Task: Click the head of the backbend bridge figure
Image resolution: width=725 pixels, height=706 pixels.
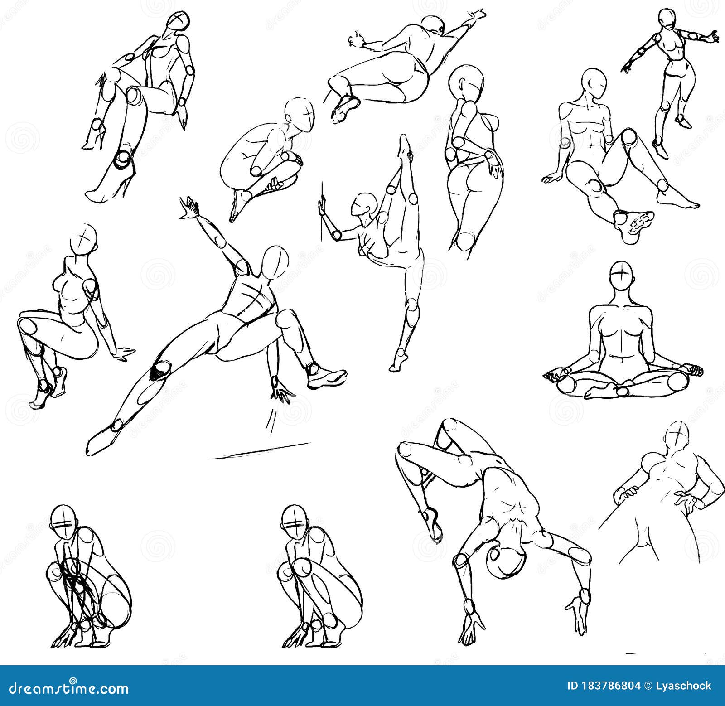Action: (x=506, y=561)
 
